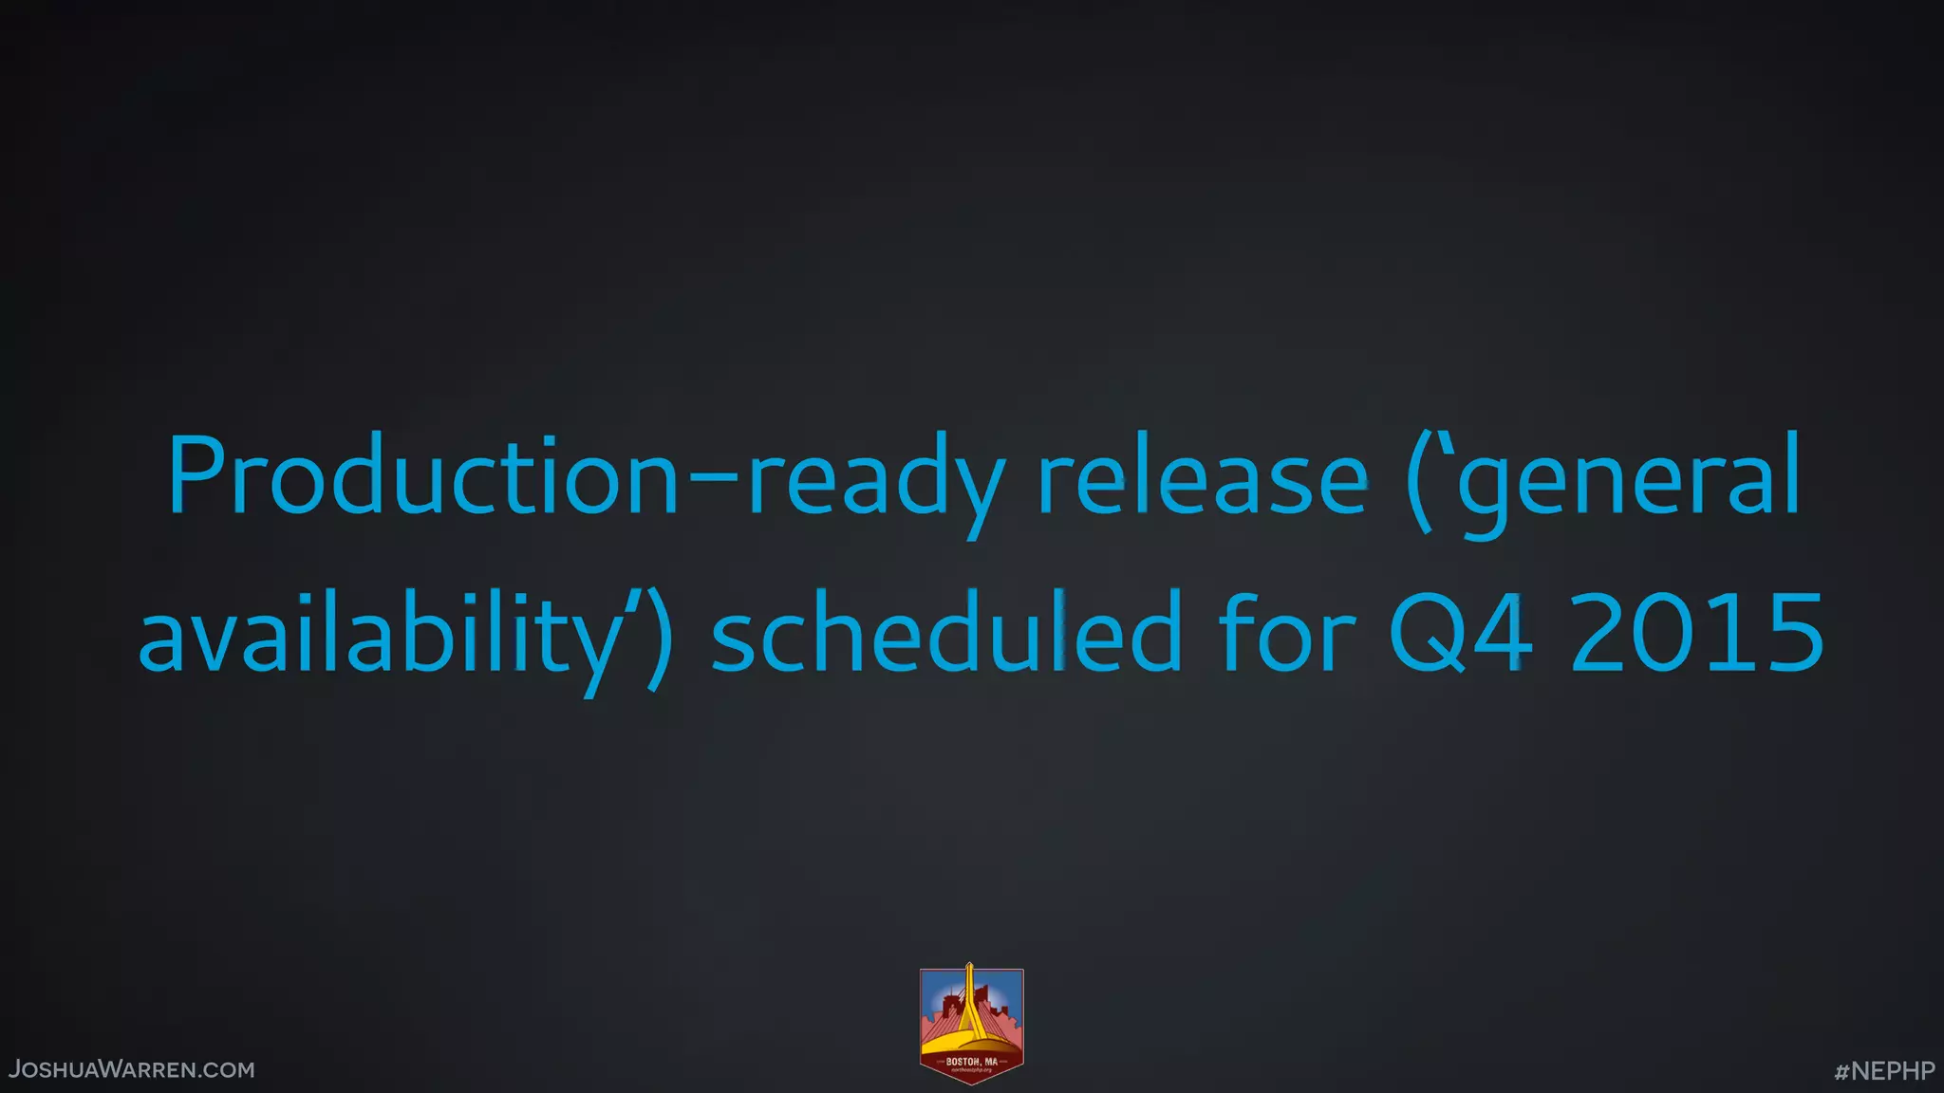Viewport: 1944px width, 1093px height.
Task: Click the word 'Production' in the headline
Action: [x=423, y=474]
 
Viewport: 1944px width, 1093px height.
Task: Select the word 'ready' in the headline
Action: [x=875, y=479]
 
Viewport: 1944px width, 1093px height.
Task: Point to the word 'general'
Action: [x=1629, y=479]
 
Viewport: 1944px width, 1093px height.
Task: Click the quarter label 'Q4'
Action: [x=1460, y=632]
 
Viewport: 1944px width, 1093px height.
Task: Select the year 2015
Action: [x=1697, y=632]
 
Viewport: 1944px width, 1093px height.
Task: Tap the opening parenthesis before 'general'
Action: [x=1419, y=479]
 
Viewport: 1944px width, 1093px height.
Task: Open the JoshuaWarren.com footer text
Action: [x=132, y=1070]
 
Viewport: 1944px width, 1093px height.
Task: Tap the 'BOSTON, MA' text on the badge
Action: [x=971, y=1062]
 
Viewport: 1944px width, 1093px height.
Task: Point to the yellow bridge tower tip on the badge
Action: [x=969, y=969]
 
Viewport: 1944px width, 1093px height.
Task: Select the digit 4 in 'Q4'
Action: [x=1501, y=632]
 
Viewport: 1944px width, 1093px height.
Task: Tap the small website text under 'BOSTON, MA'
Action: [x=971, y=1070]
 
